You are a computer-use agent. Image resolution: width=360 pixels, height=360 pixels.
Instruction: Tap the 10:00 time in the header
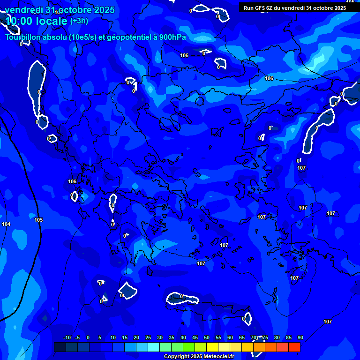[19, 22]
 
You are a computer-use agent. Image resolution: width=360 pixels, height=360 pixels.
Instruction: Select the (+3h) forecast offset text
[79, 21]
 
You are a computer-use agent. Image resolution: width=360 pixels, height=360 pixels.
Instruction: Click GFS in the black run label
[260, 8]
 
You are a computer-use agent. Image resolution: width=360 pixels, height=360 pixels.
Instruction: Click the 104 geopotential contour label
[6, 225]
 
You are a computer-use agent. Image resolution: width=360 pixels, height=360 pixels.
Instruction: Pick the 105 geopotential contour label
[38, 220]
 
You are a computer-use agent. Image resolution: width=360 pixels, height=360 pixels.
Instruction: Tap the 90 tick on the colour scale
[300, 337]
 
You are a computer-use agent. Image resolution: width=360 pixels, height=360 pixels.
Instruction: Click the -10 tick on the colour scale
[67, 337]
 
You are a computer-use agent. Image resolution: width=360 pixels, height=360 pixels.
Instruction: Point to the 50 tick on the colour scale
[207, 337]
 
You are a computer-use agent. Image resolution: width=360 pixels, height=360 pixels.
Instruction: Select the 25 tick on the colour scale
[148, 337]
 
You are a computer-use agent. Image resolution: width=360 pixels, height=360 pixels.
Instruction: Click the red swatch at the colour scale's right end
[294, 347]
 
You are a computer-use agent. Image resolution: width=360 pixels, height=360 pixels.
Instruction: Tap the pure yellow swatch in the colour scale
[212, 347]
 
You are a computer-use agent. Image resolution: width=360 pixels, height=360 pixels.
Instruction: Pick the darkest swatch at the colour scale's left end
[60, 347]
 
